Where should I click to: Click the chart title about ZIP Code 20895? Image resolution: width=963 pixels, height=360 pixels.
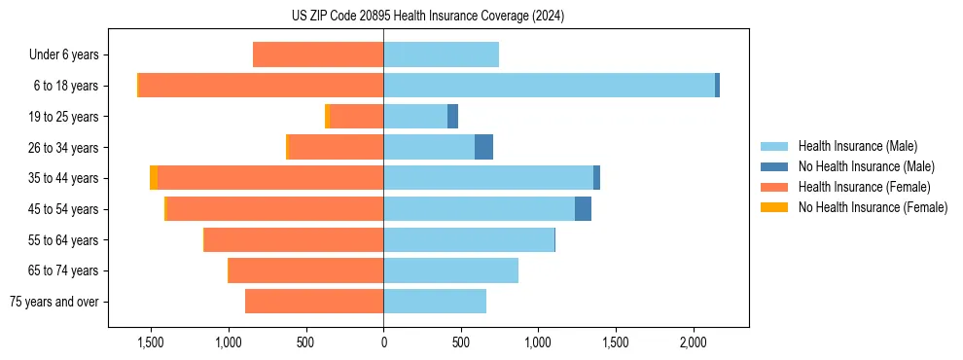click(x=427, y=17)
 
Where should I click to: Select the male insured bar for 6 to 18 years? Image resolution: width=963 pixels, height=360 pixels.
click(x=549, y=86)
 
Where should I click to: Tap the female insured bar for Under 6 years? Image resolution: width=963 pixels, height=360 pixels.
click(x=318, y=54)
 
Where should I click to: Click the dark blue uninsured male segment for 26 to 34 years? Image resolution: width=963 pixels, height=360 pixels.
click(x=483, y=147)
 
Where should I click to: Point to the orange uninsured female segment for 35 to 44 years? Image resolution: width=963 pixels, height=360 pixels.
click(x=154, y=178)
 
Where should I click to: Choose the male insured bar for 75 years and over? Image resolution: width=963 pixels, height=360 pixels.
click(x=435, y=302)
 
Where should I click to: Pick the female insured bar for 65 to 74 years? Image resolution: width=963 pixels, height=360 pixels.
click(x=305, y=270)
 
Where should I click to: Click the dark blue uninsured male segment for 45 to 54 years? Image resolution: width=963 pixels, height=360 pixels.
click(x=583, y=209)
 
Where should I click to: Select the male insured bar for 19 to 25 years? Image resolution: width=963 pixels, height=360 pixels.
click(x=415, y=117)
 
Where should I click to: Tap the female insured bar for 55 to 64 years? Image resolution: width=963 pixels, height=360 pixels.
click(x=294, y=239)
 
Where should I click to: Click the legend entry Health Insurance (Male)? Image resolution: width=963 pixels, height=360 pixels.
click(x=857, y=146)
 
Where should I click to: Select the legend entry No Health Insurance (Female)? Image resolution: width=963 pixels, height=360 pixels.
click(x=873, y=207)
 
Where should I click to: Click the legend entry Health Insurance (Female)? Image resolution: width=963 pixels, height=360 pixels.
click(x=864, y=187)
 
